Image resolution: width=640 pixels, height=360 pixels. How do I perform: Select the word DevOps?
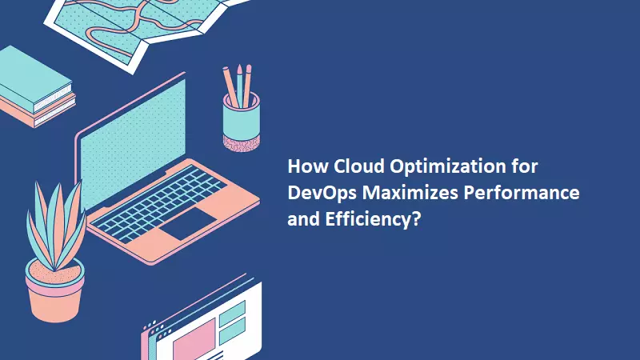318,194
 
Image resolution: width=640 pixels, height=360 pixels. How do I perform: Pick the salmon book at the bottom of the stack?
36,112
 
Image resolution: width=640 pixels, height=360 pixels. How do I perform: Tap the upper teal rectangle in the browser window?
231,312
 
